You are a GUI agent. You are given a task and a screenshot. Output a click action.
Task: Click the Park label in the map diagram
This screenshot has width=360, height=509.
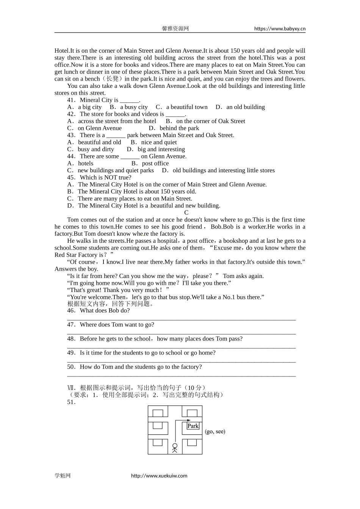[x=193, y=426]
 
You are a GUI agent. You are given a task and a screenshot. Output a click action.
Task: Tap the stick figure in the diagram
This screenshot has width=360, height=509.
[x=175, y=448]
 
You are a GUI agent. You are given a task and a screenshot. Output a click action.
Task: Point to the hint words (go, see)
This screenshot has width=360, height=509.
[x=215, y=431]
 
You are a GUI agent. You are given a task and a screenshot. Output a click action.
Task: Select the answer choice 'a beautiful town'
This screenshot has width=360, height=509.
[x=186, y=107]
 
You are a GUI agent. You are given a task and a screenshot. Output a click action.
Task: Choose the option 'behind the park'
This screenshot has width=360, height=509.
[x=179, y=128]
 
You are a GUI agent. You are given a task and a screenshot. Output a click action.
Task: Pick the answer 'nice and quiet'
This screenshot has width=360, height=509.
[x=159, y=142]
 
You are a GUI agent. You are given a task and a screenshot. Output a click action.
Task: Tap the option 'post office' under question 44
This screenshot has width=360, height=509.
[x=155, y=164]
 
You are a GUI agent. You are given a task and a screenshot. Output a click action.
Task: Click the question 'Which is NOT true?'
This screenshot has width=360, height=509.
[x=105, y=178]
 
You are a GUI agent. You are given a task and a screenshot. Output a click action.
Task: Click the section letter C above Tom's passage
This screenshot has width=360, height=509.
[x=186, y=213]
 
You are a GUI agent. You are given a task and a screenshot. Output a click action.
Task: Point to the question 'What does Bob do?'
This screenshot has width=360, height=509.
[x=105, y=311]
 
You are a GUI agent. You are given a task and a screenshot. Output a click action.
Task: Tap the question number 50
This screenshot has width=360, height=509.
[x=71, y=367]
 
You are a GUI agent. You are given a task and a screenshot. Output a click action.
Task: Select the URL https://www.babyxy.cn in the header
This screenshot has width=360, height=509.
[x=280, y=28]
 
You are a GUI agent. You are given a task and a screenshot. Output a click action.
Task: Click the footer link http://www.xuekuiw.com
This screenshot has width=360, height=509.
[x=159, y=476]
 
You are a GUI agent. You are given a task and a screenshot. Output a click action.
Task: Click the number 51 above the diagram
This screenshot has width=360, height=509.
[x=71, y=402]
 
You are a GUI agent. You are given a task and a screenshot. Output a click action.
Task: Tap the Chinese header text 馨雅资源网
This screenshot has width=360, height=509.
[x=175, y=28]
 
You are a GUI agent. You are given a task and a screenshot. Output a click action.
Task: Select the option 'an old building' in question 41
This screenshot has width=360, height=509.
[x=246, y=107]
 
